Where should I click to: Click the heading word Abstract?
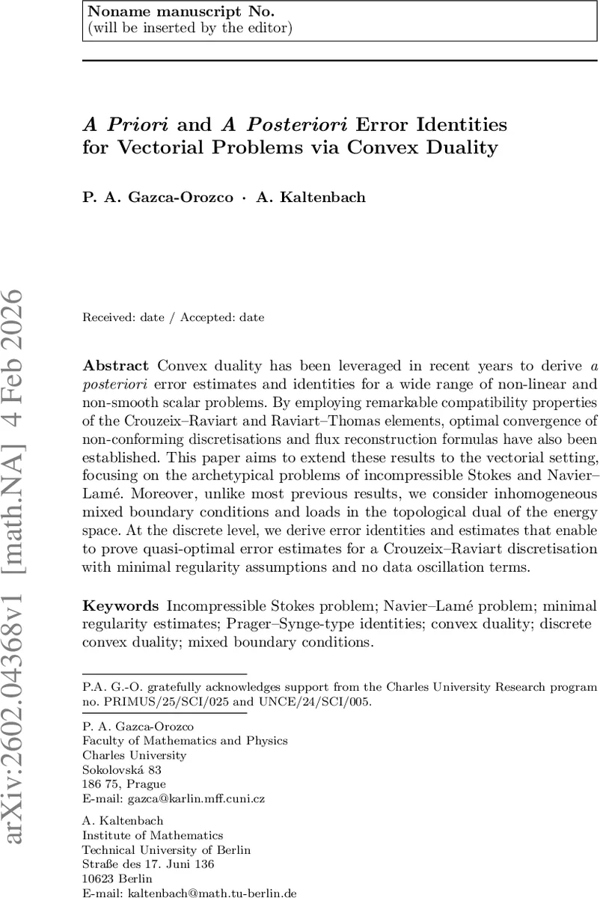click(x=115, y=366)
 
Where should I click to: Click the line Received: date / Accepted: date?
click(x=173, y=317)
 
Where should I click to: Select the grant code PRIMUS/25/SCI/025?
click(x=158, y=702)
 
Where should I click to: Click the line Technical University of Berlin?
click(x=166, y=850)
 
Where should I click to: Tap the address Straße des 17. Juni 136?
click(x=147, y=864)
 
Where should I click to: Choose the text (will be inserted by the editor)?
click(x=189, y=28)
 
